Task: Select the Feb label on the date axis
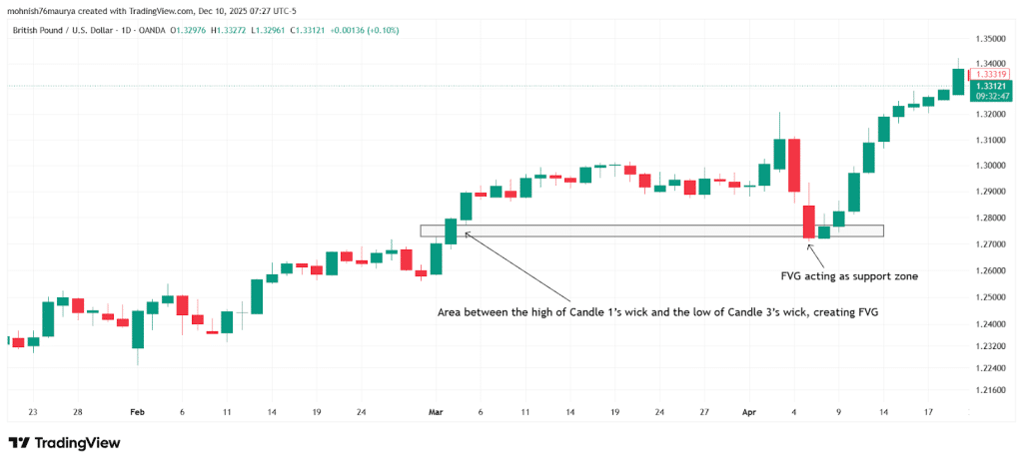pos(137,411)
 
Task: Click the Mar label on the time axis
pos(435,411)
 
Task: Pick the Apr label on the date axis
pos(749,411)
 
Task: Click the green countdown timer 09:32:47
pos(991,97)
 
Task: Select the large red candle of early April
pos(794,165)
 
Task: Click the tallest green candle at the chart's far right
pos(959,82)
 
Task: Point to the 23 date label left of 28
pos(33,411)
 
